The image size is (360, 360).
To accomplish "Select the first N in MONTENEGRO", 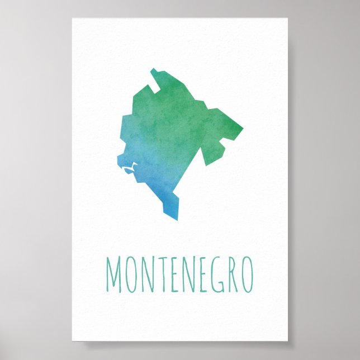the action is click(x=152, y=275).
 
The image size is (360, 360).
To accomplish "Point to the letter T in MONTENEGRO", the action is click(x=166, y=275).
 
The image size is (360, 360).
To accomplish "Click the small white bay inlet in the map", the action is click(x=130, y=168).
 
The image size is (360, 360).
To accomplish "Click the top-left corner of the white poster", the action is click(x=72, y=18).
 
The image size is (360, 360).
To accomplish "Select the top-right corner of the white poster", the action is click(x=288, y=18).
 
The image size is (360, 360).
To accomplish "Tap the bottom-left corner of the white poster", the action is click(x=72, y=341).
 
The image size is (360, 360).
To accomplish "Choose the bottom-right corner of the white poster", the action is click(x=288, y=341).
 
